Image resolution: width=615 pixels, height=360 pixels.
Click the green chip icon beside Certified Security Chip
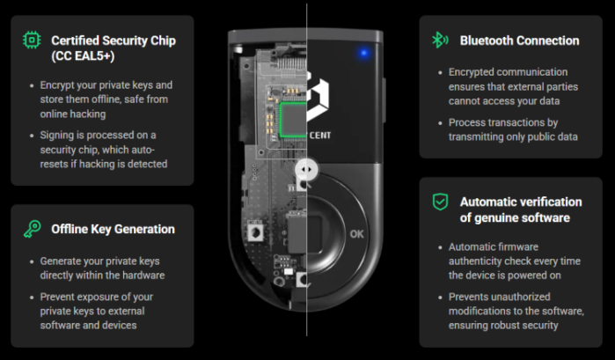coord(32,40)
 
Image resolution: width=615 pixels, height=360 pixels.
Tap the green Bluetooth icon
coord(440,40)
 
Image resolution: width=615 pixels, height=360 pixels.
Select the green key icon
coord(33,229)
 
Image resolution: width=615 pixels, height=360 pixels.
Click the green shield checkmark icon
coord(440,202)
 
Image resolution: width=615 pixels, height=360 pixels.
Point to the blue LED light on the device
coord(364,53)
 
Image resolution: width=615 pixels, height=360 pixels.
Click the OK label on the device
coord(356,234)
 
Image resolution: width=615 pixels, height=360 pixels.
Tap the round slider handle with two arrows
coord(306,170)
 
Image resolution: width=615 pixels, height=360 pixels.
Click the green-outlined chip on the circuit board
coord(293,120)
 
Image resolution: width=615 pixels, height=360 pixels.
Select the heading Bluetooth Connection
coord(519,40)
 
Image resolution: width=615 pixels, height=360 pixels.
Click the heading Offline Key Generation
coord(113,229)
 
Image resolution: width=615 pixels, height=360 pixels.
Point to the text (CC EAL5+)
coord(83,55)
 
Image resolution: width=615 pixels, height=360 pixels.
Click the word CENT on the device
coord(320,136)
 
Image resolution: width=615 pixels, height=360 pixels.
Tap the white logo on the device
coord(318,96)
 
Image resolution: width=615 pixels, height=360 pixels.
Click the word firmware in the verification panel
coord(518,247)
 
